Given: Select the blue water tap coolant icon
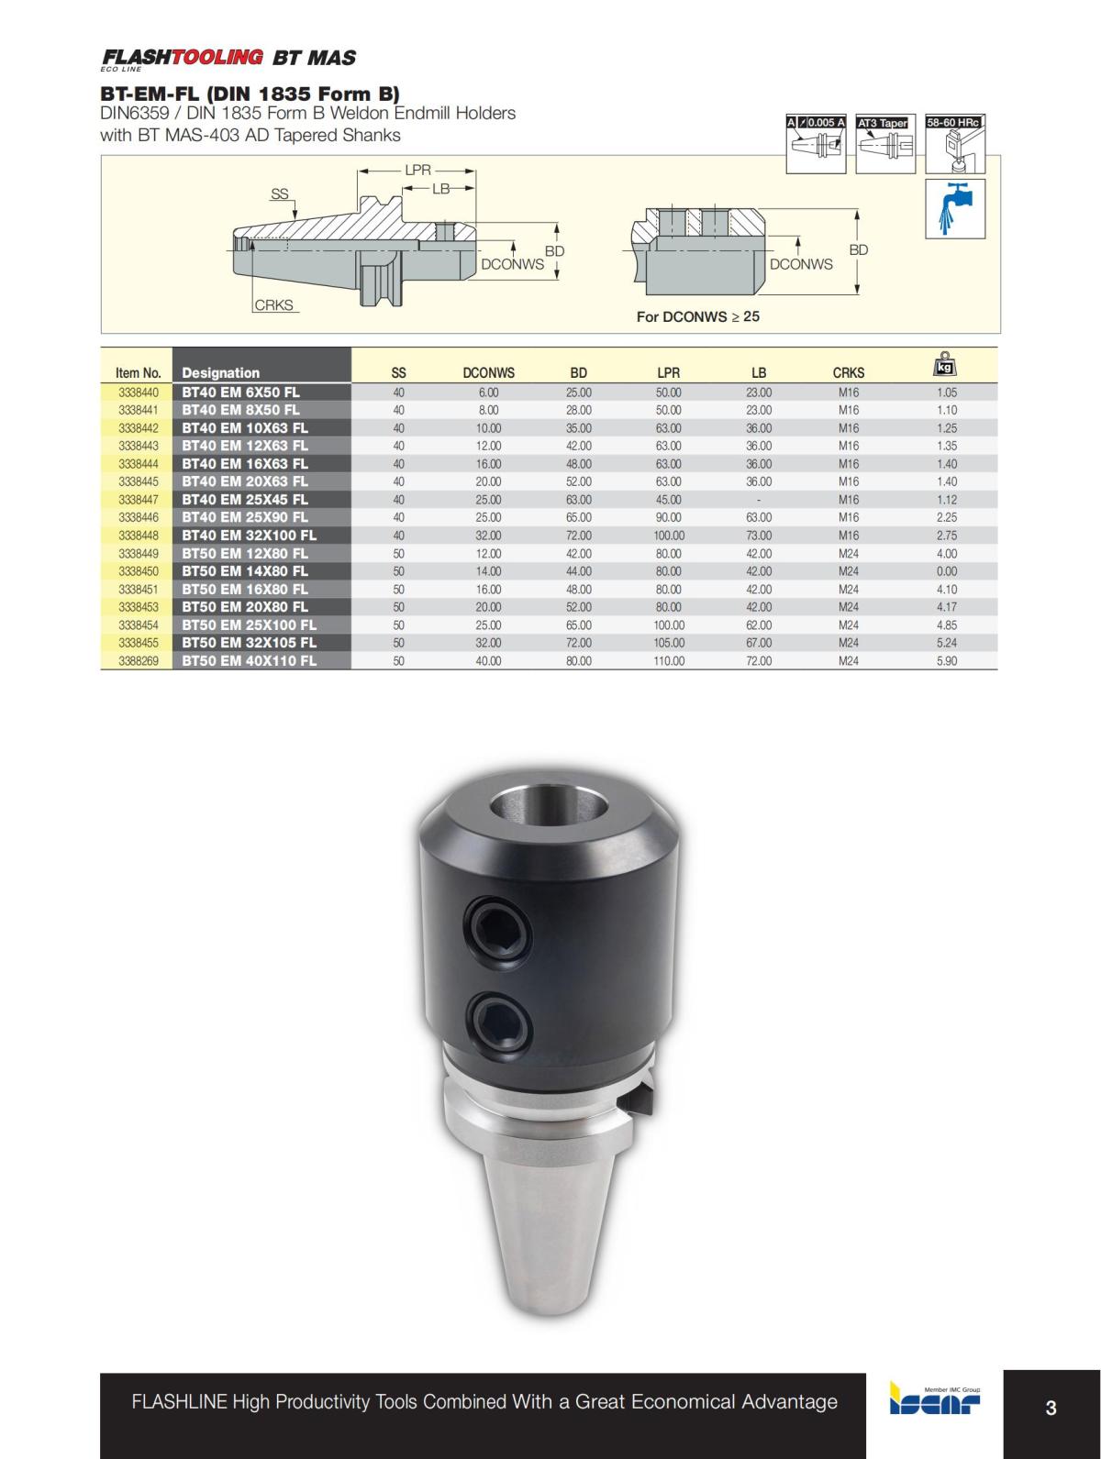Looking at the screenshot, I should pos(955,206).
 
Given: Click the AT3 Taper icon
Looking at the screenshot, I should pos(884,144).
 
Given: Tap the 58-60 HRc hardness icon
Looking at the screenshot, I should pos(954,144).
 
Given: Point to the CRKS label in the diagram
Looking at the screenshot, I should pos(273,305).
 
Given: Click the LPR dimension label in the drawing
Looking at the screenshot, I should pos(417,171).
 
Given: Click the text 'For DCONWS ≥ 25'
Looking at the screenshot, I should pos(697,316).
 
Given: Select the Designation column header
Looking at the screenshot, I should pos(220,372).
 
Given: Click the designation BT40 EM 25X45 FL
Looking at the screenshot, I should pos(245,499).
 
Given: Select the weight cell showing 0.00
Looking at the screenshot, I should pos(947,570).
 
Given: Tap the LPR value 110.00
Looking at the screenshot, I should pos(668,660).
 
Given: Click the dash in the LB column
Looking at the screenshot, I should pos(758,499).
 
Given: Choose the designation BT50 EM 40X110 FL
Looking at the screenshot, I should pos(249,660).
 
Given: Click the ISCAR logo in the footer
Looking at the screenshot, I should pos(934,1400).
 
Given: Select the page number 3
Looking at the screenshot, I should pos(1051,1408).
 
